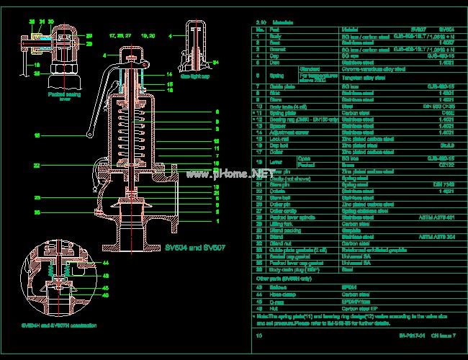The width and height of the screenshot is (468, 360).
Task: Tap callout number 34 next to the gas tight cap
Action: point(216,63)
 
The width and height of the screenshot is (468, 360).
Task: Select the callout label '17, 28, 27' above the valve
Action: point(119,35)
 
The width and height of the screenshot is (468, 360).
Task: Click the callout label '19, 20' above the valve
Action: point(148,35)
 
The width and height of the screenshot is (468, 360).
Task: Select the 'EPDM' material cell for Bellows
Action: point(348,287)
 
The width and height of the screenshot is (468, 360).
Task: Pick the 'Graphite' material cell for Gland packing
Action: point(351,230)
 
